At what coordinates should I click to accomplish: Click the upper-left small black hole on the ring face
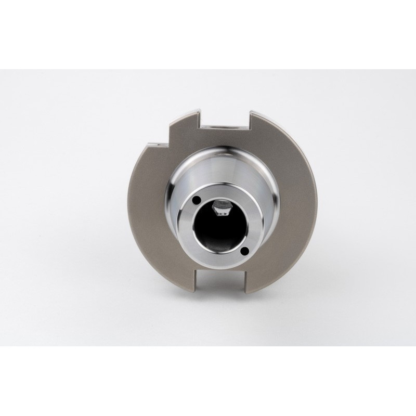[x=197, y=200]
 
